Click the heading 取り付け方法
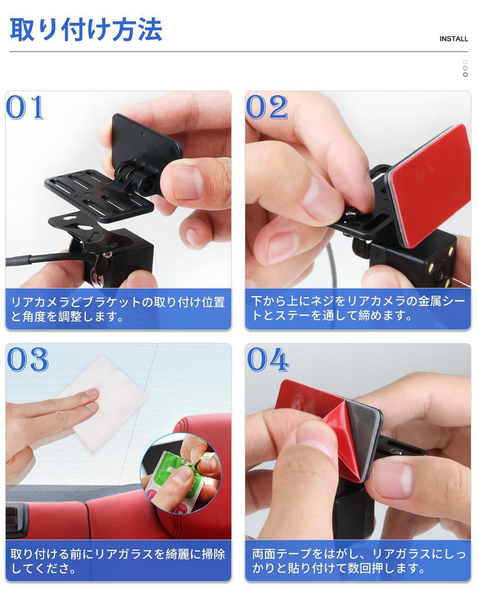coord(86,30)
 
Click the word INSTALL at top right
coord(453,39)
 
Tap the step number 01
coord(26,108)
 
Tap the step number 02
coord(267,108)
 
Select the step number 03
coord(27,360)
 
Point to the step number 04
coord(267,360)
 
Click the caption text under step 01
coord(117,310)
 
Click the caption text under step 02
coord(357,310)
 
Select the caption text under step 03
coord(117,561)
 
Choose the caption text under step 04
coord(357,561)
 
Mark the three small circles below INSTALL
coord(465,68)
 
